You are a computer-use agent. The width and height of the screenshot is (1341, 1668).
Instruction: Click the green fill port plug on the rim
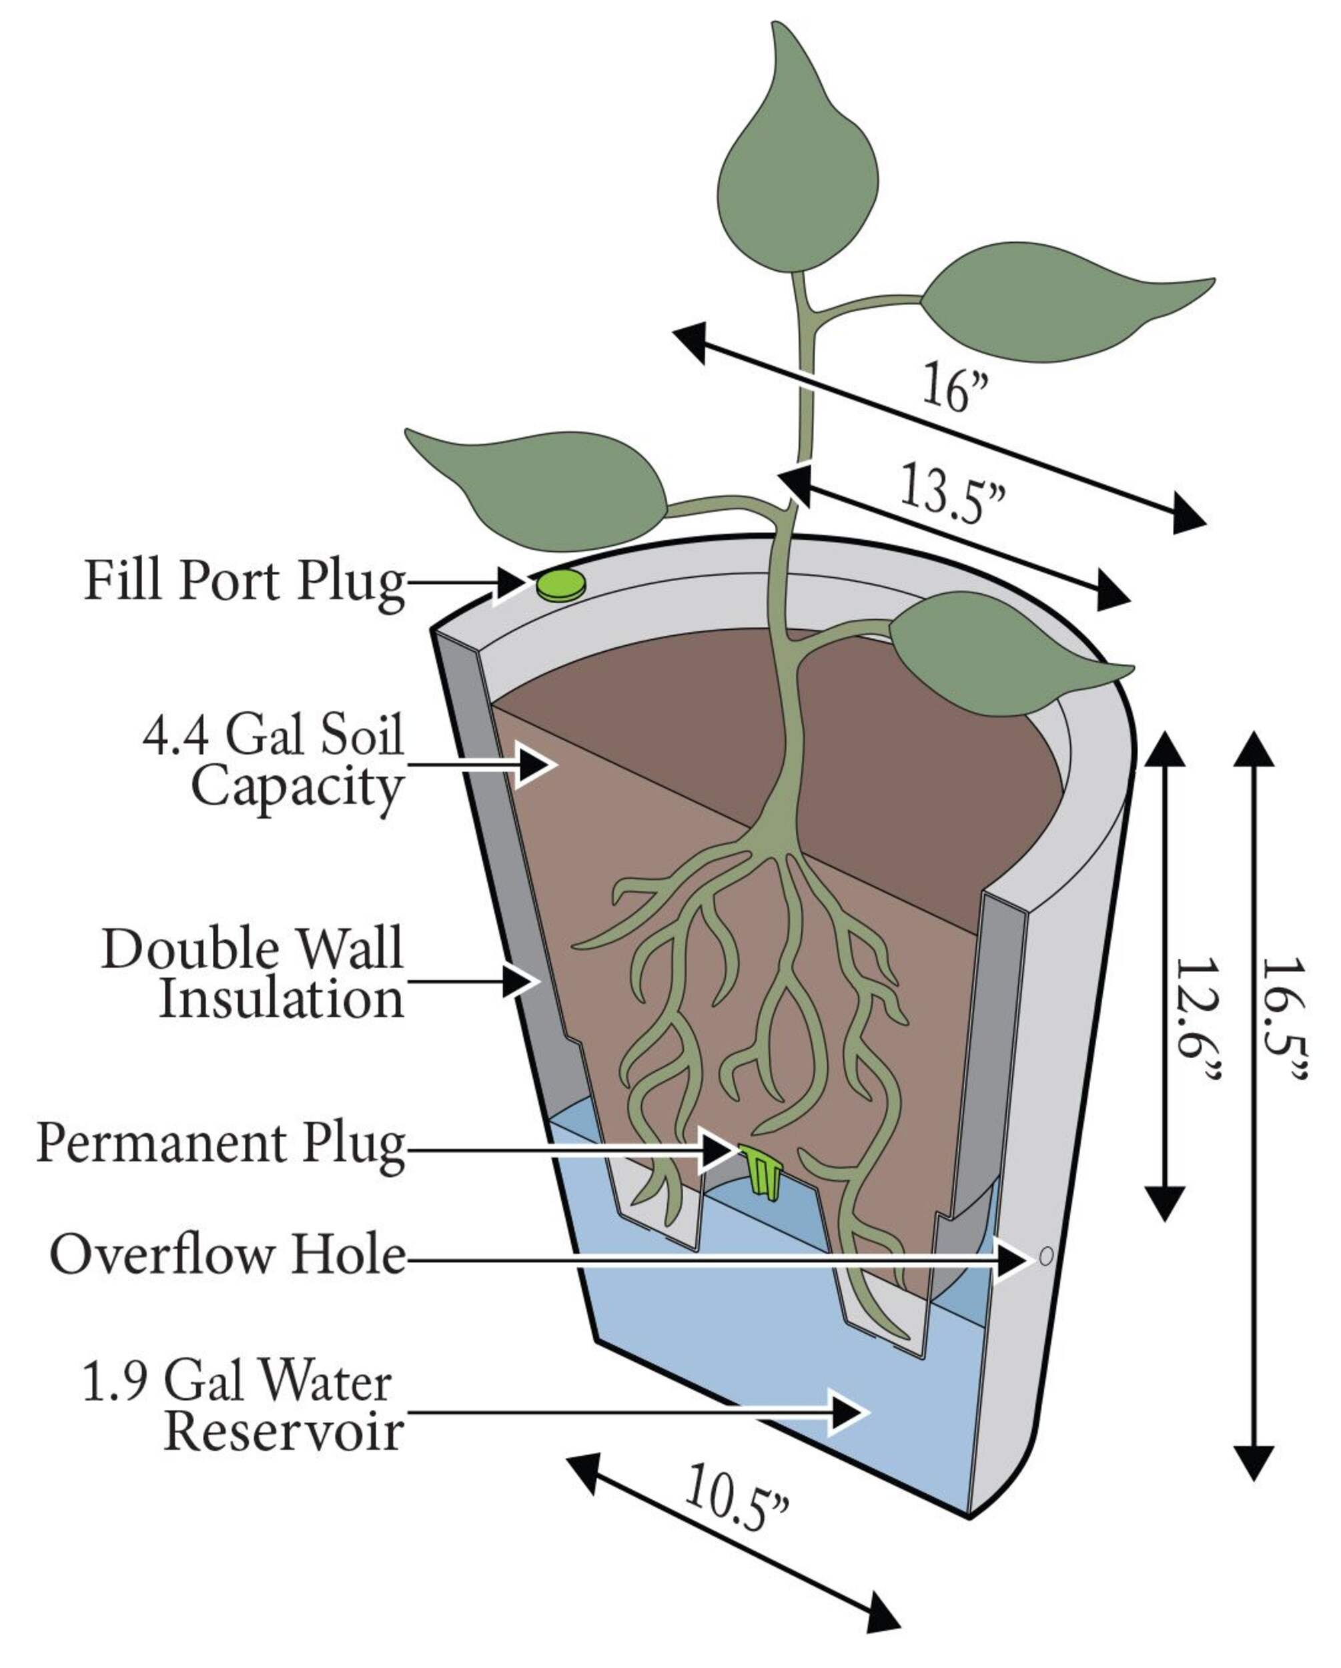(x=560, y=585)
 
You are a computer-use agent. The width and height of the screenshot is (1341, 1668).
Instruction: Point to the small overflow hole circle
(x=1045, y=1256)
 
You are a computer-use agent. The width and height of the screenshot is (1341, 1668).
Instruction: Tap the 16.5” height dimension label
(x=1284, y=1019)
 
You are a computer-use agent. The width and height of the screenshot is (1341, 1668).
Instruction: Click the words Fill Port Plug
(x=245, y=582)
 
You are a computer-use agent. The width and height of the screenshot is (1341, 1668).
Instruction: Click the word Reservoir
(x=284, y=1432)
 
